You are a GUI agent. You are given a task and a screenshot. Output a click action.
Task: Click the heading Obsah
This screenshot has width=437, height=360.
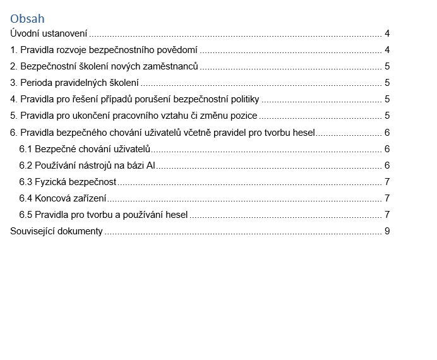[27, 20]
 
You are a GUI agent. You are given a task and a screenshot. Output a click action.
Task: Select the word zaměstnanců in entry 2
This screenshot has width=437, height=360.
[172, 66]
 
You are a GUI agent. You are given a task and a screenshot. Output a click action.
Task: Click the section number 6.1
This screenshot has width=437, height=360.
[26, 149]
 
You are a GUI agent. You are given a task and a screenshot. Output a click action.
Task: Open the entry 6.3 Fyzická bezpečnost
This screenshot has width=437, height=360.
[68, 182]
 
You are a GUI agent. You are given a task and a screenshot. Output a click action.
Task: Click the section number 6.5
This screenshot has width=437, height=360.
[26, 215]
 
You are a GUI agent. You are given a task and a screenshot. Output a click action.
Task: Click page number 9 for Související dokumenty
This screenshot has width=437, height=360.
[387, 231]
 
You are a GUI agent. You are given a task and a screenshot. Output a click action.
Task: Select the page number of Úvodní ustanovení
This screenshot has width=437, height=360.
[387, 33]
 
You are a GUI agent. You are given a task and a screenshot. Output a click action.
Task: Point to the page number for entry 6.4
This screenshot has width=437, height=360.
[387, 198]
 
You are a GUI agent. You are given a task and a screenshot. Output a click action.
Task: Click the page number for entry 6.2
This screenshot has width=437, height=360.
[387, 165]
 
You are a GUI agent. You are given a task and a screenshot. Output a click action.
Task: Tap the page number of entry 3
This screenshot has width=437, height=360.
[387, 83]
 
